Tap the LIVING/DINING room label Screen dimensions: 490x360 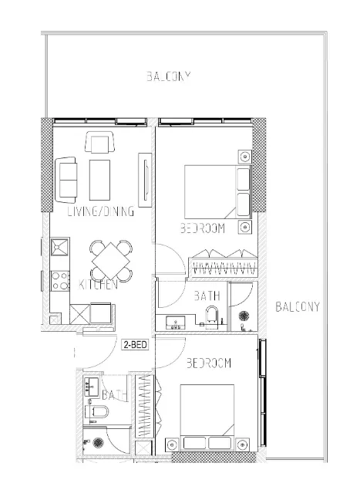[x=101, y=211]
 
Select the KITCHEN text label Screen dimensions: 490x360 [x=98, y=285]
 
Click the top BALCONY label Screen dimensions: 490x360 [x=168, y=76]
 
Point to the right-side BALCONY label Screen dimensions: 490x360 [x=298, y=306]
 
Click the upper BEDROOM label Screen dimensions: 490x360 [x=202, y=228]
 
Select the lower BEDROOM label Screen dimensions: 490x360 [x=210, y=363]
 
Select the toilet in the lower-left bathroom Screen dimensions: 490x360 [x=96, y=412]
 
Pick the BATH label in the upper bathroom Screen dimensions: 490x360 [x=206, y=295]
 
